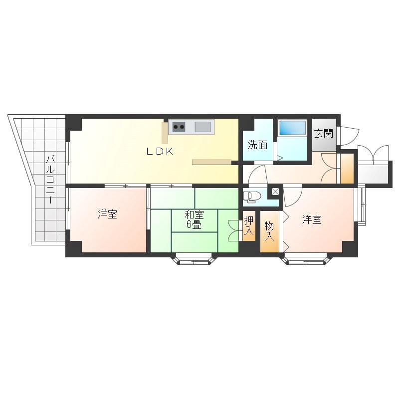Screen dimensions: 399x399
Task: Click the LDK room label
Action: (x=160, y=152)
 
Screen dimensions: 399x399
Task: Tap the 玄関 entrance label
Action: (x=323, y=134)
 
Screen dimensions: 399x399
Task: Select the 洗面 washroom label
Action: (x=257, y=145)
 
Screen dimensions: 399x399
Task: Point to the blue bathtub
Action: (x=292, y=128)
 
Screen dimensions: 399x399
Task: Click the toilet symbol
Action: (x=251, y=197)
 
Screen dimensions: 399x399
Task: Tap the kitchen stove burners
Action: (x=179, y=127)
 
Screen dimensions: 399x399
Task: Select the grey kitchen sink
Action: (x=202, y=127)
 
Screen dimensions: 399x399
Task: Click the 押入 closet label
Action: (x=249, y=226)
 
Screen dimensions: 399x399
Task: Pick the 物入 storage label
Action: (x=269, y=231)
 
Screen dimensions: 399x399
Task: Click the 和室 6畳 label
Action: (x=194, y=220)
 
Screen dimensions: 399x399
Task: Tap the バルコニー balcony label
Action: (x=51, y=180)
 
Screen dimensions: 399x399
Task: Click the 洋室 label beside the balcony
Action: (x=107, y=214)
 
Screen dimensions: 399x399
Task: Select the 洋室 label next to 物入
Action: (x=312, y=219)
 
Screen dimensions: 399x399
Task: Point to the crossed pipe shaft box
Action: (x=275, y=192)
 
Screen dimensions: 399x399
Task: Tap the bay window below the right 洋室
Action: (x=306, y=259)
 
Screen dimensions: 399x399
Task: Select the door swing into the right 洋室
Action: (x=293, y=197)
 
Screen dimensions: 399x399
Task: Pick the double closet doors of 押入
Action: (x=234, y=230)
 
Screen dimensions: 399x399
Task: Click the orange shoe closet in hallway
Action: (x=347, y=168)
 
